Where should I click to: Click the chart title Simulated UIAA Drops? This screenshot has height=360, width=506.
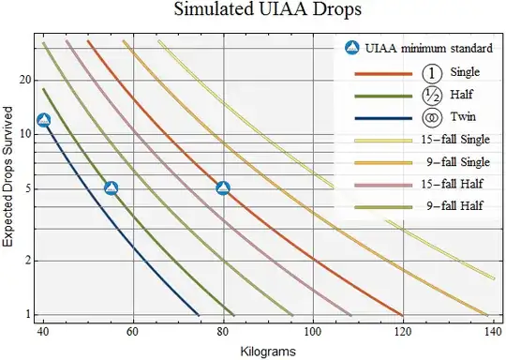tap(254, 12)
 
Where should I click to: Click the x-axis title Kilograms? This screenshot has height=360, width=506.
tap(268, 350)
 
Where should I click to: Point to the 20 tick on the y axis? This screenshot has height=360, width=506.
tap(25, 80)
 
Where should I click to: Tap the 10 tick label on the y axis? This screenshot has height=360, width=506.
tap(25, 134)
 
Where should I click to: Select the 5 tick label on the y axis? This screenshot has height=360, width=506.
tap(29, 188)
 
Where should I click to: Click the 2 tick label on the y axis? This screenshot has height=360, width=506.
tap(29, 261)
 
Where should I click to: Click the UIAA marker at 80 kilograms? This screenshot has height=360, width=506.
tap(223, 188)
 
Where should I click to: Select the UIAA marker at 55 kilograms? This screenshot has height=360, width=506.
tap(111, 188)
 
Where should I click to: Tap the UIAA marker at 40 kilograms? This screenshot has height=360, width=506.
tap(43, 120)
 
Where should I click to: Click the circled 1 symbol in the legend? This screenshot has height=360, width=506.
tap(429, 72)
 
